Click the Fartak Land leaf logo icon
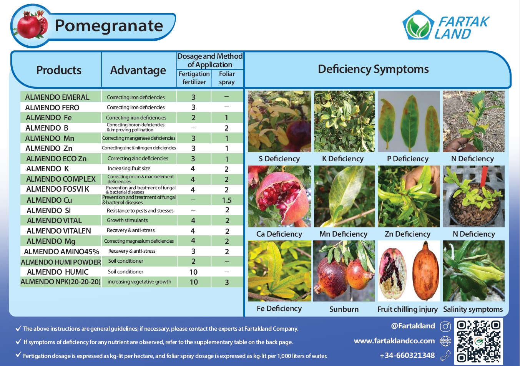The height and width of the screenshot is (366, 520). (x=418, y=25)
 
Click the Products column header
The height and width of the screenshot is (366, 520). (x=59, y=70)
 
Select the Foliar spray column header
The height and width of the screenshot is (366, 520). (x=227, y=78)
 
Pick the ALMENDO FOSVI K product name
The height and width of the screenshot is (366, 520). (x=58, y=189)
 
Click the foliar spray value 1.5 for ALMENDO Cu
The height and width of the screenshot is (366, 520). (x=227, y=200)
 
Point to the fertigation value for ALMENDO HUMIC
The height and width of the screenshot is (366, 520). (x=193, y=272)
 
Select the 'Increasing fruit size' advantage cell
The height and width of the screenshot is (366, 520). (x=129, y=168)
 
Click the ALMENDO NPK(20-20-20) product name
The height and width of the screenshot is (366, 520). (x=61, y=282)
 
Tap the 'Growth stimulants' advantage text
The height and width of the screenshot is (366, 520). (x=127, y=220)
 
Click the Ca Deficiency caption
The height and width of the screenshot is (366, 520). (x=279, y=234)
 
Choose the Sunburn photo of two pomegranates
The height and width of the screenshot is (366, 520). (x=344, y=271)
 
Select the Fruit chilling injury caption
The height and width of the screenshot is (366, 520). (x=407, y=309)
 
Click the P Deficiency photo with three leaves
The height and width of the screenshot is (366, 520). (x=409, y=121)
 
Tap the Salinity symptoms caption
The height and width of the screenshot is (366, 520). (x=473, y=309)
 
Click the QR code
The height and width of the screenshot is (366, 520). (x=478, y=341)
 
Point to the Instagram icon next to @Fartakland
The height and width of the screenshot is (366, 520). (x=445, y=326)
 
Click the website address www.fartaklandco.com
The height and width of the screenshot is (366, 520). (x=394, y=341)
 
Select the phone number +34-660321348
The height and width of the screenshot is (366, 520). (x=407, y=355)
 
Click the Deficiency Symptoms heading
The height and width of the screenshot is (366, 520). (x=373, y=69)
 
